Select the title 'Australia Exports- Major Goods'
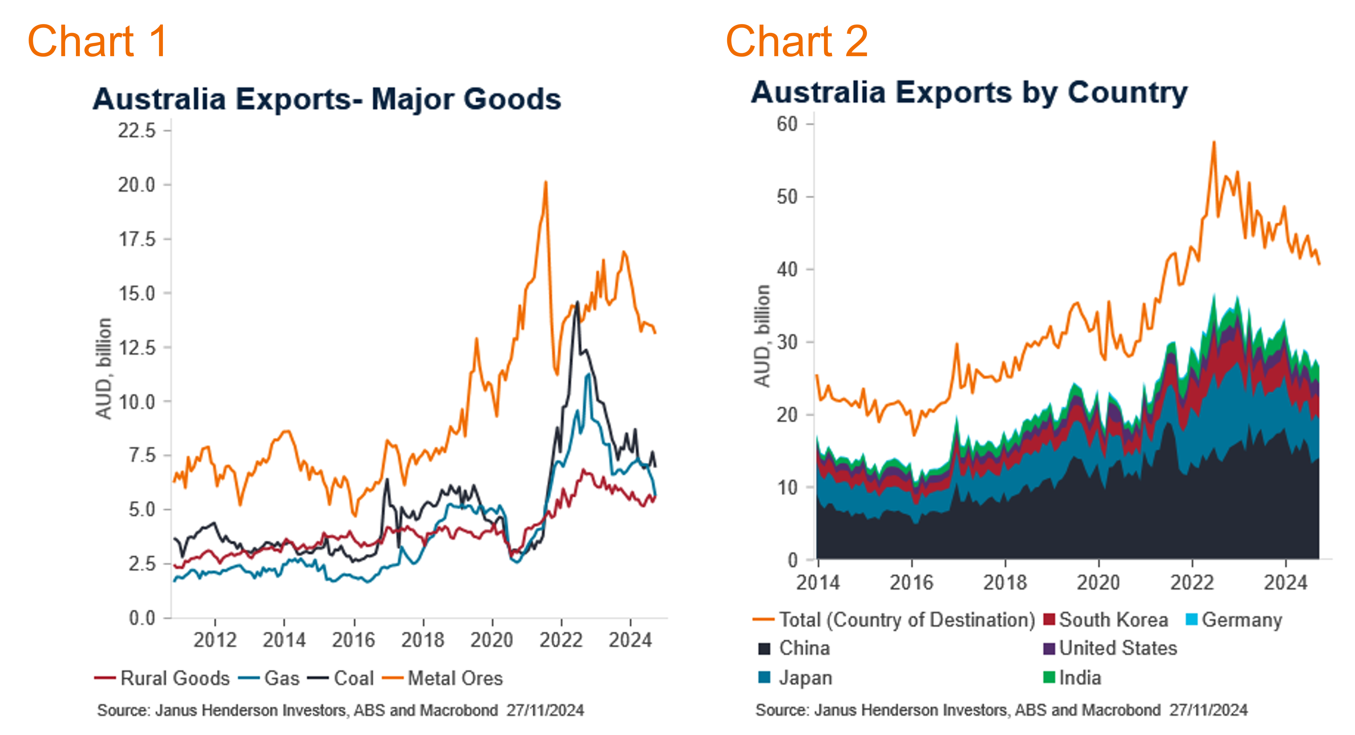[327, 99]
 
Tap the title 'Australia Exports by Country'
[969, 93]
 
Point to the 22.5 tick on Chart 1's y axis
[137, 130]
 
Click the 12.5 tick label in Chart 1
[137, 348]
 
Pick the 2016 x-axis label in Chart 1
[354, 640]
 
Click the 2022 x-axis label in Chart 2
[1192, 582]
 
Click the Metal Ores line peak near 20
[546, 183]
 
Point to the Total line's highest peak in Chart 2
[1214, 142]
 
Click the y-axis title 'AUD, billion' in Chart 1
[104, 368]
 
